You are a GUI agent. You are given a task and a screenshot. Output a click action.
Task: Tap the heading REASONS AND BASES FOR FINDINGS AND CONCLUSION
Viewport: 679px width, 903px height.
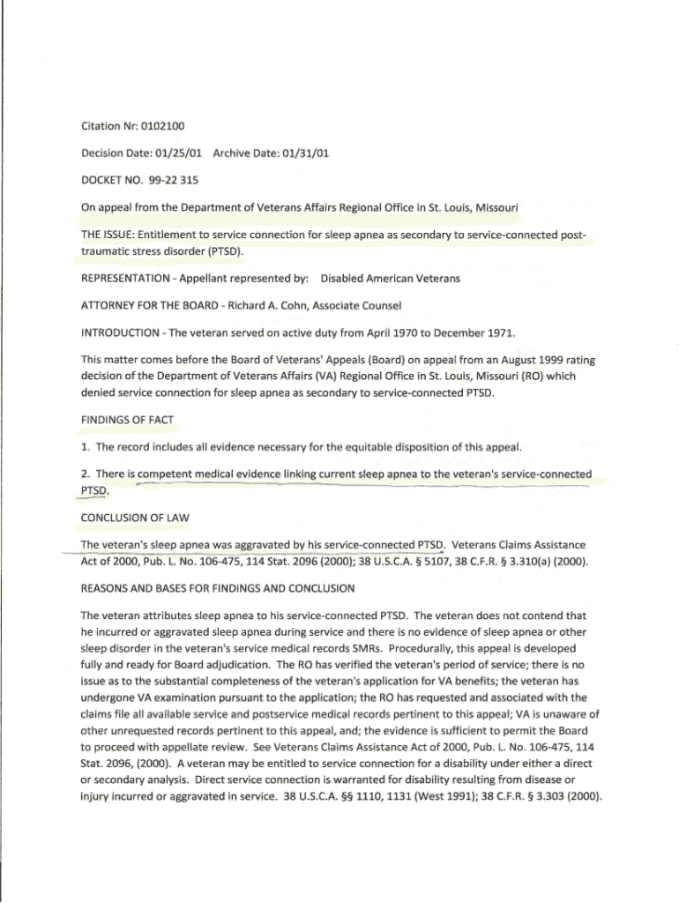tap(217, 587)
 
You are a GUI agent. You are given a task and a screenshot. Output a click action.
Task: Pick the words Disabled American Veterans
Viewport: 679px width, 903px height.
tap(390, 279)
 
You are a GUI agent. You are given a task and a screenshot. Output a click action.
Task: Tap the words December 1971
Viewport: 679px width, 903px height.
tap(453, 333)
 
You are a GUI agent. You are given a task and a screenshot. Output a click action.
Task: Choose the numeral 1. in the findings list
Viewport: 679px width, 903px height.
tap(86, 447)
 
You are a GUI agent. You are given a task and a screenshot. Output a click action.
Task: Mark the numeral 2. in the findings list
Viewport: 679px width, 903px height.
tap(86, 474)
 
